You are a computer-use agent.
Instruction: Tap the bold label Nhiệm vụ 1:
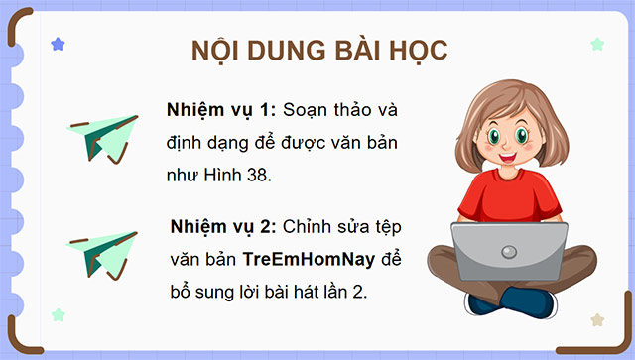223,108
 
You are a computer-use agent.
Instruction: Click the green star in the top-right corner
597,45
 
